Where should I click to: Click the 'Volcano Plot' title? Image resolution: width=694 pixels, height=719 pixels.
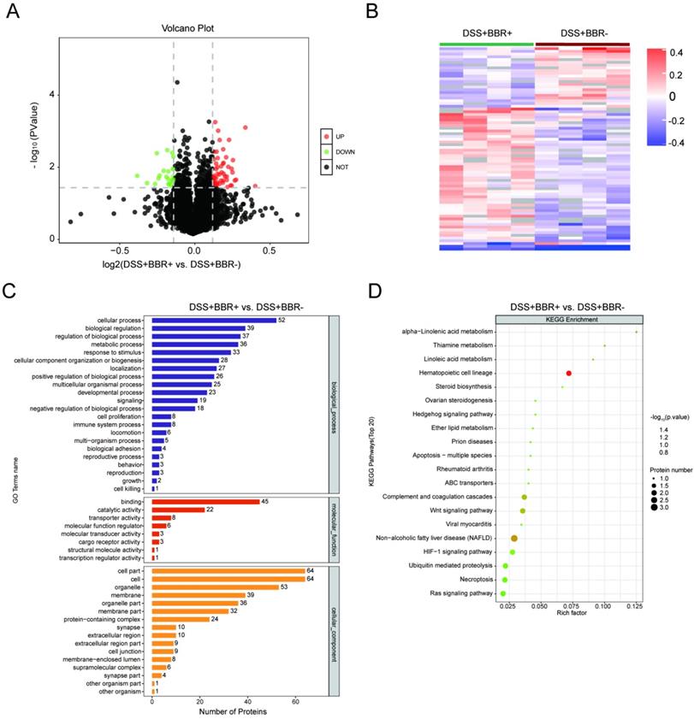188,28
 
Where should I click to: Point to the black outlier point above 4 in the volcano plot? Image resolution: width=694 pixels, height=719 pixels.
177,82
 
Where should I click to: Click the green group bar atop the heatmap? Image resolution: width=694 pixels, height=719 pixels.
486,43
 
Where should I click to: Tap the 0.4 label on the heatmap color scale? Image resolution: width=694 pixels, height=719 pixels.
676,52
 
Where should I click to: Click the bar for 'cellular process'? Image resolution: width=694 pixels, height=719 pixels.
213,321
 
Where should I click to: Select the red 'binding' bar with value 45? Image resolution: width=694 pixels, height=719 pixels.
205,502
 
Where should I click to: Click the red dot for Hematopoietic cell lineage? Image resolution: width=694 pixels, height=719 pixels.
568,373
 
